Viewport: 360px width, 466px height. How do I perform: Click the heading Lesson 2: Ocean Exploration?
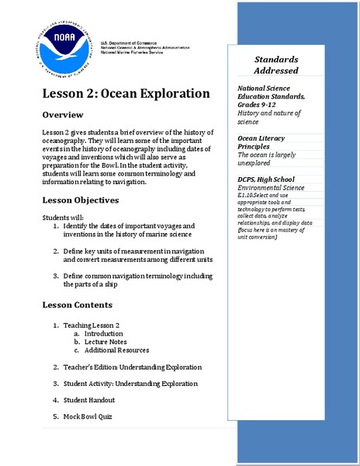tap(126, 93)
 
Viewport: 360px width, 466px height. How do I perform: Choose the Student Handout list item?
tap(89, 399)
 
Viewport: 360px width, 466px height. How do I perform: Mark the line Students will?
tap(63, 217)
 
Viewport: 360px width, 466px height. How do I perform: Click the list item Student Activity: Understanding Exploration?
tap(130, 383)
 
